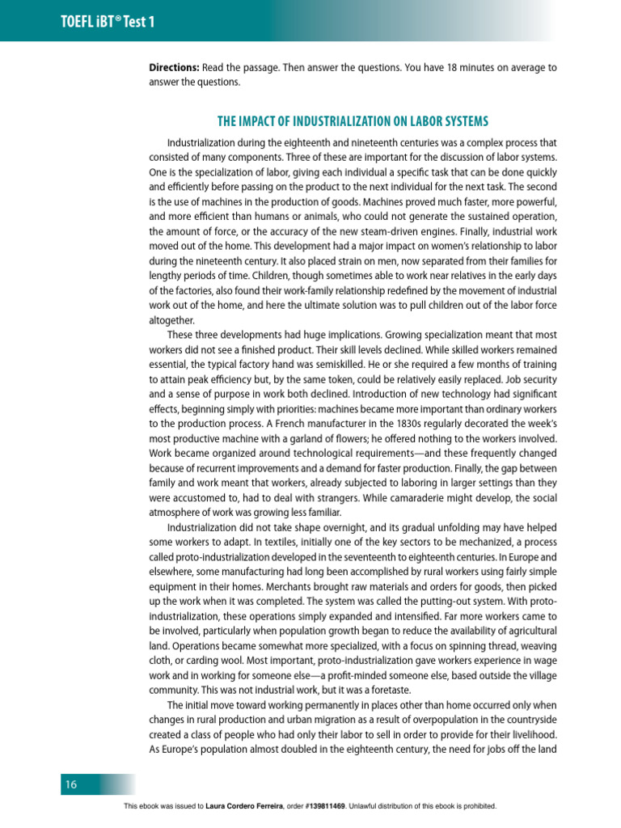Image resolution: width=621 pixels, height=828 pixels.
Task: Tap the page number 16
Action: tap(71, 784)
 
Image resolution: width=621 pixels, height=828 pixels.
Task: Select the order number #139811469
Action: tap(323, 807)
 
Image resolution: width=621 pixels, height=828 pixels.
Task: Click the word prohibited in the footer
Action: tap(476, 807)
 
